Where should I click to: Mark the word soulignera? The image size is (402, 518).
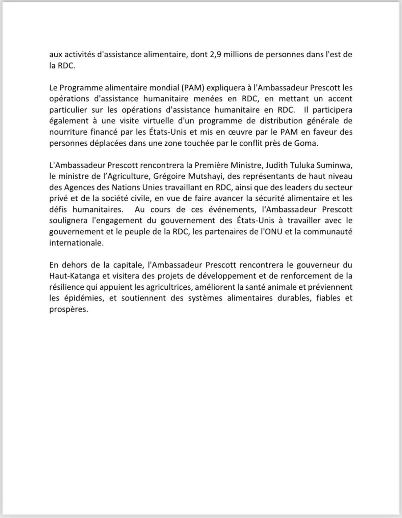click(x=69, y=221)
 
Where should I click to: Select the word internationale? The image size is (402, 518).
click(x=76, y=243)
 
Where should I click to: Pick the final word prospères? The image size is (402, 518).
click(x=69, y=309)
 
